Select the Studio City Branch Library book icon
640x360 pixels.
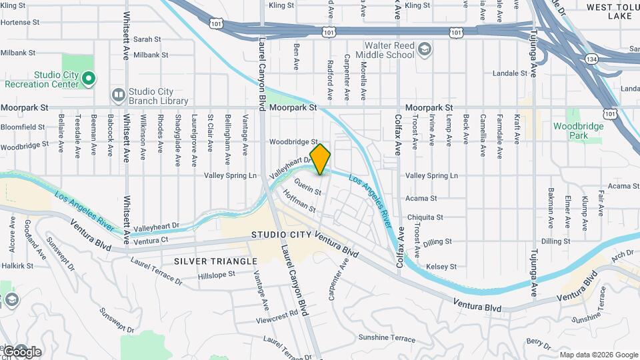(118, 96)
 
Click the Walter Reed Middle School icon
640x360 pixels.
(425, 50)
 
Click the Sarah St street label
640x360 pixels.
(147, 39)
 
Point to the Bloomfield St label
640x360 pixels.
(23, 126)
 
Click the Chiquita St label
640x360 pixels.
(425, 217)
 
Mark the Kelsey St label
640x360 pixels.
(441, 266)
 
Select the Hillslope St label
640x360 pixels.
(216, 274)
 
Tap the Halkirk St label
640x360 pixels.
(17, 265)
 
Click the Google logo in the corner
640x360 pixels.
(22, 351)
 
